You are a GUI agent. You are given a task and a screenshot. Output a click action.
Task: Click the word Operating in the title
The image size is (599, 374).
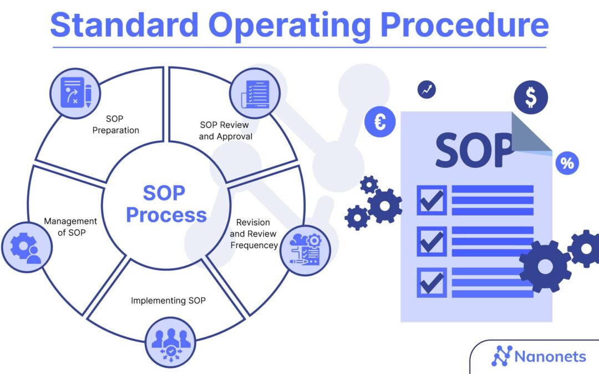289,26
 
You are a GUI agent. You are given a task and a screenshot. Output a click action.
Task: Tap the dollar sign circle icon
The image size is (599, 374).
531,98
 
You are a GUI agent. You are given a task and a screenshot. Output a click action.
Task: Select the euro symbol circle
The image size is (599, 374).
380,122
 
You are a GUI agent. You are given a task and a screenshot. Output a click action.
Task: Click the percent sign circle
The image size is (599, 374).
567,163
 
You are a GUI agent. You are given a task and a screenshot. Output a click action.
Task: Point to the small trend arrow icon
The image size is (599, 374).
427,90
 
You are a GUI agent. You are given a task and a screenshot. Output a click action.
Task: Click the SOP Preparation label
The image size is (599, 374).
115,125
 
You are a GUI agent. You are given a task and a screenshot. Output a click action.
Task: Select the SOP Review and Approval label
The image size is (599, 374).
225,131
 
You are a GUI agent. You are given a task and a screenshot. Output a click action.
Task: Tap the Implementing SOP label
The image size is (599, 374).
168,300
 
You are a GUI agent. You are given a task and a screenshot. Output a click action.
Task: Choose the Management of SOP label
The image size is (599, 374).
70,227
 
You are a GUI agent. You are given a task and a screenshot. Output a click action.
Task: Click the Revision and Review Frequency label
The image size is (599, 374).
253,234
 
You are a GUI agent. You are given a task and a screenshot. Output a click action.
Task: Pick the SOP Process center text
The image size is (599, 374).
166,204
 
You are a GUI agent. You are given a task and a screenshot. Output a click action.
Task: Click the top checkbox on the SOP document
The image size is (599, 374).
432,200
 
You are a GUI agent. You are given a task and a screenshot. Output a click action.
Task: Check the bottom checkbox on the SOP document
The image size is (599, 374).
432,283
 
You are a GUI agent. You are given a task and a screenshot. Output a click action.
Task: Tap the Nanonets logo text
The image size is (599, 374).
550,356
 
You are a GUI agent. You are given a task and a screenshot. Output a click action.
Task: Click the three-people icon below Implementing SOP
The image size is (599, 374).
170,343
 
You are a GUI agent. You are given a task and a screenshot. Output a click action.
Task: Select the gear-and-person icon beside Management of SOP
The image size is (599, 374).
27,247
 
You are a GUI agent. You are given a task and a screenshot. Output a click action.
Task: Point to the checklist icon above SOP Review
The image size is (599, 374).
255,94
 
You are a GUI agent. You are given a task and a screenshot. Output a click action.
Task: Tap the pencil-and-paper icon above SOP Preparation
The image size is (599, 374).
75,93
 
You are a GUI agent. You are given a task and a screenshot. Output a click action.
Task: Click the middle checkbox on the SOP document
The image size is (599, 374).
432,241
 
